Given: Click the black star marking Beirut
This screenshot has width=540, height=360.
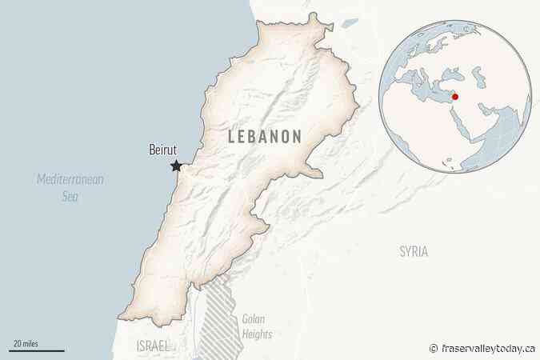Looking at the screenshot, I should tap(176, 166).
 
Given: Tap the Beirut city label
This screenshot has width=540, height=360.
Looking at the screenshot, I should tap(163, 150).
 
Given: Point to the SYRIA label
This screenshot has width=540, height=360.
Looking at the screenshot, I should tap(413, 251).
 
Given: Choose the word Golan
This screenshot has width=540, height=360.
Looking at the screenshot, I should tap(254, 318).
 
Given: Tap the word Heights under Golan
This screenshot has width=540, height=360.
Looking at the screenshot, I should tap(256, 334).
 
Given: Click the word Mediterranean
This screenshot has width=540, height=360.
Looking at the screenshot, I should tap(71, 179).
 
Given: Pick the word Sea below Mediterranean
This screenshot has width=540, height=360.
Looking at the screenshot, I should tap(71, 194).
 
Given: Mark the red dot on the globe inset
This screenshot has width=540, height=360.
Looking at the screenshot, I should tap(455, 98).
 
